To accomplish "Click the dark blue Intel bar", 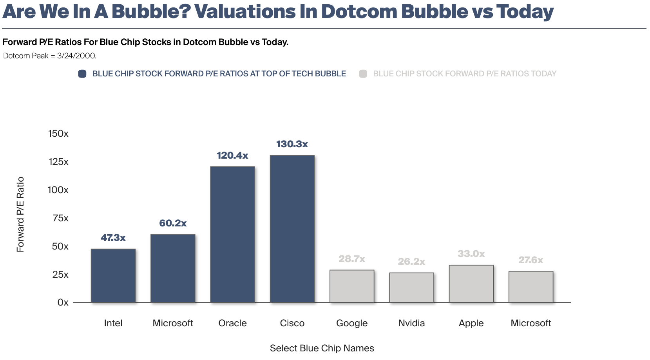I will (113, 275).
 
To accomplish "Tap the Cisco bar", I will (292, 229).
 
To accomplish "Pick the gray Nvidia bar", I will (411, 288).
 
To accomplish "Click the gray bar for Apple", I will (471, 284).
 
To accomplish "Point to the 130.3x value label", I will (292, 144).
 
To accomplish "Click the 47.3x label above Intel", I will (113, 238).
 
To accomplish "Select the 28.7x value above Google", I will (351, 259).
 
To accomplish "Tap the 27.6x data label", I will (531, 260).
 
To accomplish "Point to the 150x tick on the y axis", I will (58, 134).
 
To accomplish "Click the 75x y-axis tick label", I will (60, 218).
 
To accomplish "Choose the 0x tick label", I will (63, 302).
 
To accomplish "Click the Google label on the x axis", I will (351, 323).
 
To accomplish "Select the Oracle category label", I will (232, 323).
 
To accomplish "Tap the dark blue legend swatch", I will (82, 74).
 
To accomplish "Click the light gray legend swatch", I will (363, 74).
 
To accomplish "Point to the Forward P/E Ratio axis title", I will (20, 214).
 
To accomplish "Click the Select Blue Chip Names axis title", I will (322, 348).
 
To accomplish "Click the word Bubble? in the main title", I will (151, 12).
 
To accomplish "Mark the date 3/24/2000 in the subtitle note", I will (76, 56).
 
